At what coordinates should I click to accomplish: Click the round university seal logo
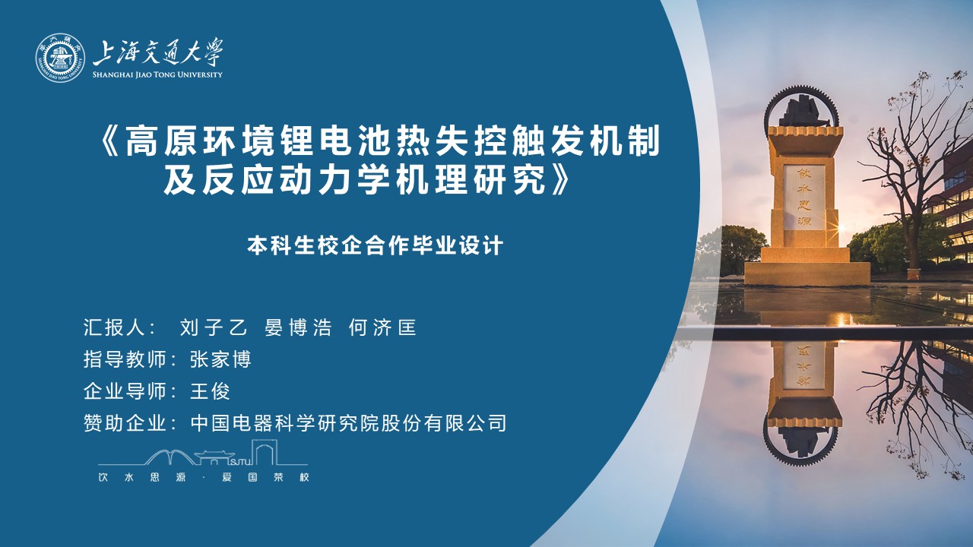[60, 58]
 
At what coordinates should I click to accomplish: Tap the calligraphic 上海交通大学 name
[158, 52]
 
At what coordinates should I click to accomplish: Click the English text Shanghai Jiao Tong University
[157, 74]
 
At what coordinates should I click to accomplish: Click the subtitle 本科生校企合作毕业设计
[375, 245]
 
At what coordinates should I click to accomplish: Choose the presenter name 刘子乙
[214, 327]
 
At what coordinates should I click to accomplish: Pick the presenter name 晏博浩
[298, 327]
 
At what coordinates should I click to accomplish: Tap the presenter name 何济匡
[382, 327]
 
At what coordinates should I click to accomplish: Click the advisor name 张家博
[220, 360]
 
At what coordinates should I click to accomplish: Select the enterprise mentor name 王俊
[211, 391]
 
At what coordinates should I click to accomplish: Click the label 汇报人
[114, 327]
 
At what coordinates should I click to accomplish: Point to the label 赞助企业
[125, 424]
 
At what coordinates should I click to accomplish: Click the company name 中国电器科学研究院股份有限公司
[348, 424]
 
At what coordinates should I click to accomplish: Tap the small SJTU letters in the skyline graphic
[239, 461]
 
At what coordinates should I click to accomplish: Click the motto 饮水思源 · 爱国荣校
[204, 478]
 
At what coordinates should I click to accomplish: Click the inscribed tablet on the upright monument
[804, 197]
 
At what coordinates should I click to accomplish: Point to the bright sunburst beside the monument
[841, 227]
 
